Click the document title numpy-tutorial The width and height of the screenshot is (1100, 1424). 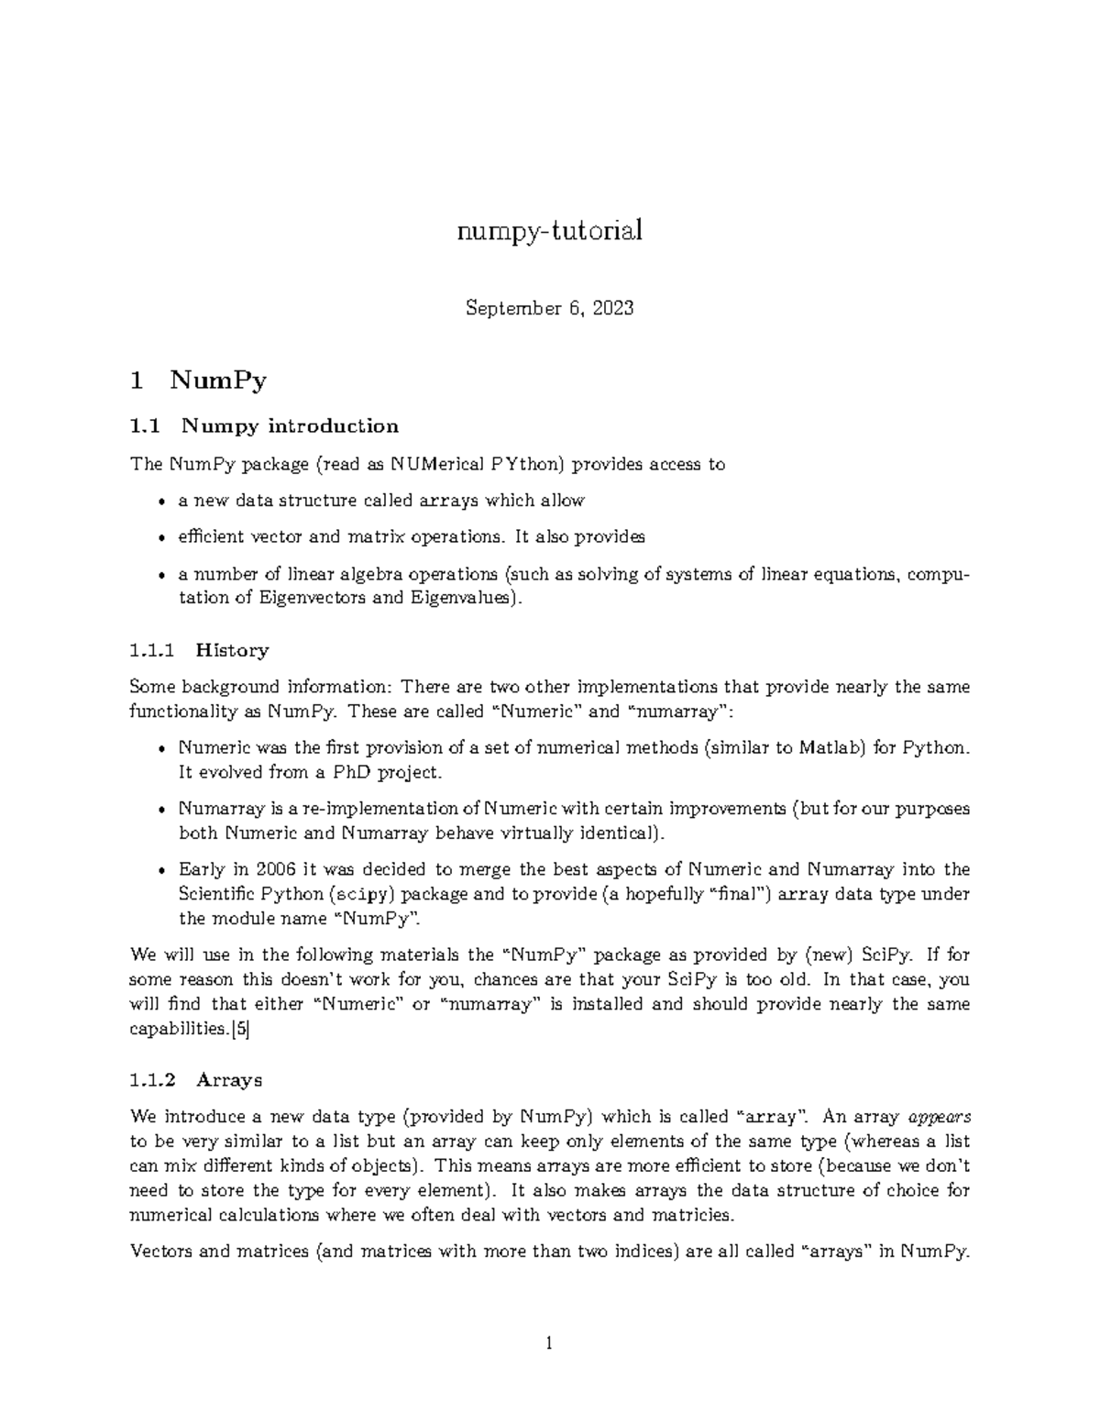click(x=549, y=231)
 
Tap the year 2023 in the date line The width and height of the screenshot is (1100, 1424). click(x=612, y=308)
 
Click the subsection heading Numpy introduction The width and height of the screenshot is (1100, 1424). click(x=290, y=425)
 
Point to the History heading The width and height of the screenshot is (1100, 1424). click(x=232, y=650)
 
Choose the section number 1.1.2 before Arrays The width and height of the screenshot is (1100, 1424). click(x=152, y=1079)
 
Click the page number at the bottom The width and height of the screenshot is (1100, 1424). click(x=549, y=1344)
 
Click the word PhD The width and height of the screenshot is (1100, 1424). click(x=350, y=772)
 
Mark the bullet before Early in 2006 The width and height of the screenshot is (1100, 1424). click(x=161, y=870)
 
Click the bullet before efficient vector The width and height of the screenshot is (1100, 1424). click(x=161, y=538)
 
